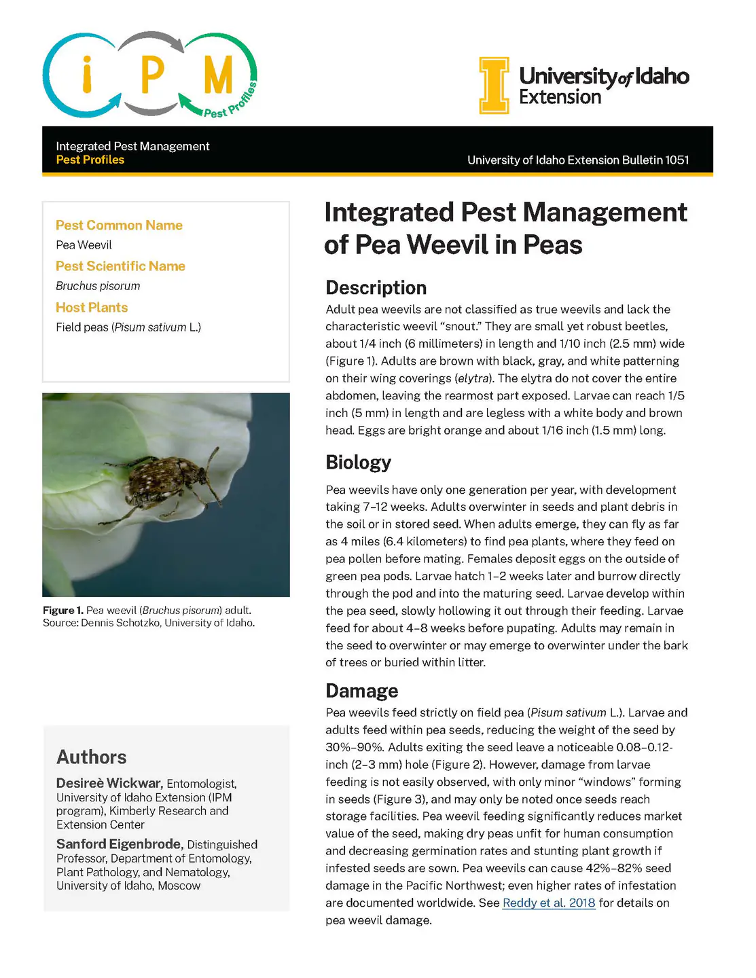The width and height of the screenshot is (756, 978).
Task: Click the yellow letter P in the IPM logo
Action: [x=152, y=74]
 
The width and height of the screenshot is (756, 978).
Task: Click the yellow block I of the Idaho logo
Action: [x=494, y=86]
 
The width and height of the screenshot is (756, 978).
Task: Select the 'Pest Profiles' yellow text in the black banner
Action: [x=90, y=160]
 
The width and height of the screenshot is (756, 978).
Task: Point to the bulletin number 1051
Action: [x=677, y=160]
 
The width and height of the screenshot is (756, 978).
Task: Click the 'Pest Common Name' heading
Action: [x=119, y=225]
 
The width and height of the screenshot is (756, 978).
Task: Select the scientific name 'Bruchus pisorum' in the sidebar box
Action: [x=98, y=286]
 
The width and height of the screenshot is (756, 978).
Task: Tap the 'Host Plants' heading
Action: [x=92, y=307]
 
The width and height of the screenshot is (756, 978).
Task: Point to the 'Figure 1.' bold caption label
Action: [x=62, y=610]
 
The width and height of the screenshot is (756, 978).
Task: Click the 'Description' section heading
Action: [x=376, y=287]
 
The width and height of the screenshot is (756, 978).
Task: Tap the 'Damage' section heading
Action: [x=361, y=691]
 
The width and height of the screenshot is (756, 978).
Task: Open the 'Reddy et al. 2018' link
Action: [x=548, y=903]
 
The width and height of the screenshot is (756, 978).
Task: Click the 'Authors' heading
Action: [x=91, y=757]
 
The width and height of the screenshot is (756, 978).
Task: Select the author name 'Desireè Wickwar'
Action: [x=109, y=783]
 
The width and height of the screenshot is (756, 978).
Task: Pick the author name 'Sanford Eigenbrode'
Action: [x=119, y=844]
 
